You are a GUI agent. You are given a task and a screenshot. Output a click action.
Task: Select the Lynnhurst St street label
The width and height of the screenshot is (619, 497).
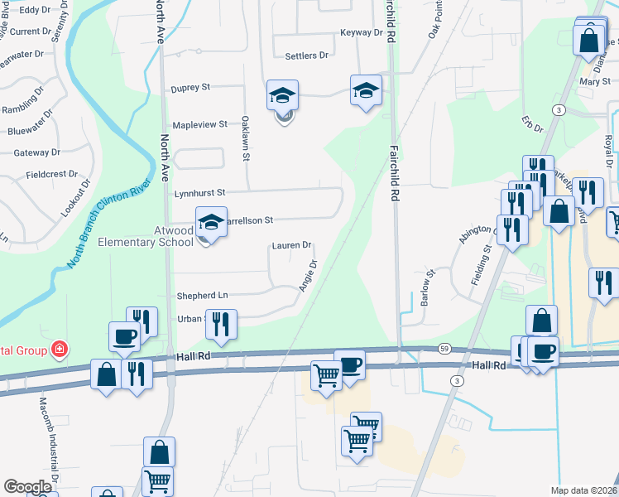point(200,193)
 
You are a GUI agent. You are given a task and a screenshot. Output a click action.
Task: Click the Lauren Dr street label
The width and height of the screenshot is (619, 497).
point(291,246)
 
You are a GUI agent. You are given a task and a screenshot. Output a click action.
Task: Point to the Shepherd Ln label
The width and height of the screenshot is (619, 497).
point(202,296)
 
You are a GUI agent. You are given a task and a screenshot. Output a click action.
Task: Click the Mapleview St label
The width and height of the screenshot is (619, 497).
point(199,124)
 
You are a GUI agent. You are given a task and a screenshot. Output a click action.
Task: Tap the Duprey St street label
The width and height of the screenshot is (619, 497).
point(190,87)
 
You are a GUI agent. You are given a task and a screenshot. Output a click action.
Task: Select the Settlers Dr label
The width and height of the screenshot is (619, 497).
point(306,56)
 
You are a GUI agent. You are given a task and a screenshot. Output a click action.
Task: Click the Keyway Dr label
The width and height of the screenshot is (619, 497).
point(362,33)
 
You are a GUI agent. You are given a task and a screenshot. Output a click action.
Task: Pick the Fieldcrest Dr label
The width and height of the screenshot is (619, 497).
point(52,176)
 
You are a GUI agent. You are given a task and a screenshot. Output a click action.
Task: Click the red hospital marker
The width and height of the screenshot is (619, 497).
point(59,350)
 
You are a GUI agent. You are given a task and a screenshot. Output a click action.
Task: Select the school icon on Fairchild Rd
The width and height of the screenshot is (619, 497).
point(365,92)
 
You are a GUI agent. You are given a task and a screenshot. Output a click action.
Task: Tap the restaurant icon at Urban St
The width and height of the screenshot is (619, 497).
point(221,324)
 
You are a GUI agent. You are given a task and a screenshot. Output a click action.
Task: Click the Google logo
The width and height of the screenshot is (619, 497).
point(28,487)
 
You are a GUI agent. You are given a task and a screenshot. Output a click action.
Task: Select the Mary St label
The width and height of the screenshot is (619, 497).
point(589,82)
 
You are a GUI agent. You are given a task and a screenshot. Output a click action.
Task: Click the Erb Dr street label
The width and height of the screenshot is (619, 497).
point(533,124)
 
